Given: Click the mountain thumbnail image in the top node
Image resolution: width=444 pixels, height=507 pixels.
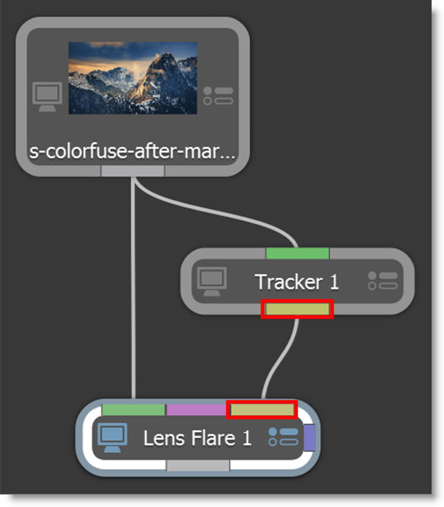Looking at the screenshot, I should coord(133,77).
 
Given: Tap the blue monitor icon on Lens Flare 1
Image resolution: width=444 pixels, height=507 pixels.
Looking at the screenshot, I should coord(112,438).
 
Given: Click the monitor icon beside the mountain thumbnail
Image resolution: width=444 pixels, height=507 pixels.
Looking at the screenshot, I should coord(47,97).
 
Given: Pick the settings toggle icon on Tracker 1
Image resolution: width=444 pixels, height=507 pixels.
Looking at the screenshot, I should coord(382,281).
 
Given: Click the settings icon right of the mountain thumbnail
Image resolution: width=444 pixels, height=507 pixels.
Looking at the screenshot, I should coord(218,96).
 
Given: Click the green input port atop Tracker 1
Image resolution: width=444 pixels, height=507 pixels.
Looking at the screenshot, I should coord(297,253).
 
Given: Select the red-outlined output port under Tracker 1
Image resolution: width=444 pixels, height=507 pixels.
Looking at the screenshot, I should coord(297,309).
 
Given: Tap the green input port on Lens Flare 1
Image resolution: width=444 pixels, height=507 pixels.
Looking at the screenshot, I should coord(133,410).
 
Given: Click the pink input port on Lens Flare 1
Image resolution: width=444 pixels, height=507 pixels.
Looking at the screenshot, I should coord(197,410).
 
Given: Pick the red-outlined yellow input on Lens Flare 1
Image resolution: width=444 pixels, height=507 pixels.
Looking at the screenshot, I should coord(262,410).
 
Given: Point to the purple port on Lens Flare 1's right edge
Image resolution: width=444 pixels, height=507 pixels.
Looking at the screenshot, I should coord(310,437).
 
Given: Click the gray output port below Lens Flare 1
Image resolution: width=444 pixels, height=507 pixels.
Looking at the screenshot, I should coord(198,465).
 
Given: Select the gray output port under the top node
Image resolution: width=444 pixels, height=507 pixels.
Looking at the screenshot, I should coord(132,171).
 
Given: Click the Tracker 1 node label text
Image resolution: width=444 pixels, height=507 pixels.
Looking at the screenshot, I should coord(297,282).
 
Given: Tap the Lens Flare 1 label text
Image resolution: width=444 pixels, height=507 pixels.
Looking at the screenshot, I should coord(197,438).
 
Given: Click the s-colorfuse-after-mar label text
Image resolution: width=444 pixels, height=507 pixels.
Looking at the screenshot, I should coord(132,152).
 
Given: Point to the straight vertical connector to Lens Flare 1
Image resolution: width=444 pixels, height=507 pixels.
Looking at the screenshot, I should coord(133,291).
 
